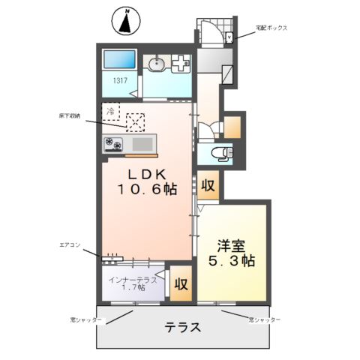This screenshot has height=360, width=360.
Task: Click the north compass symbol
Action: coord(126,20)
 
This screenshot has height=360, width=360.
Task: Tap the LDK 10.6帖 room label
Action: coord(146,181)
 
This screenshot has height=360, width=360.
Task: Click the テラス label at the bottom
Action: coord(184,327)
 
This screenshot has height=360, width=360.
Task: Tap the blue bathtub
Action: coord(119,60)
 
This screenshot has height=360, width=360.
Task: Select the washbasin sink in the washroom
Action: coord(157,64)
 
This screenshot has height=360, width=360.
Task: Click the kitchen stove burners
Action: coord(115,143)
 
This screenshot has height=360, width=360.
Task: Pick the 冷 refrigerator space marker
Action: coord(110,110)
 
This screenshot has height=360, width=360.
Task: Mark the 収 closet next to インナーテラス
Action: coord(180,284)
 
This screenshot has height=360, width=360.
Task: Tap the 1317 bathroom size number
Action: coord(120,81)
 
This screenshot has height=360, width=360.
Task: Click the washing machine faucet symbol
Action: coord(180,65)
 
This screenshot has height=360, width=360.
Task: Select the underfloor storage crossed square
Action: coord(135,121)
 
